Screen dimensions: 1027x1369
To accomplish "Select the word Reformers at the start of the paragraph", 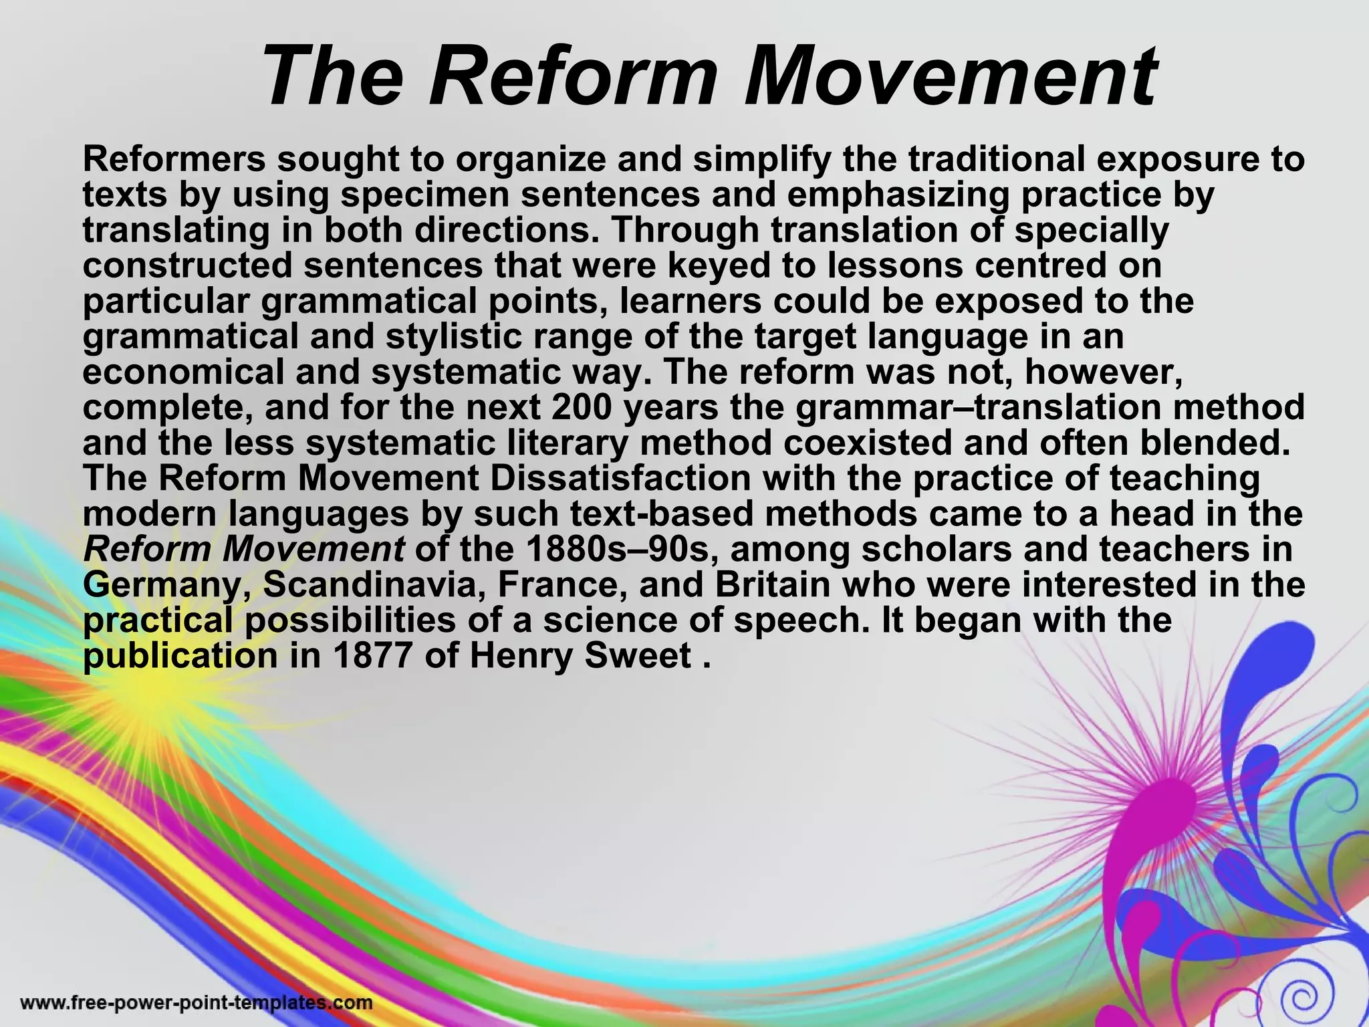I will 174,159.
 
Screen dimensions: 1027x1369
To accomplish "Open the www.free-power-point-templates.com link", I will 197,1003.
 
